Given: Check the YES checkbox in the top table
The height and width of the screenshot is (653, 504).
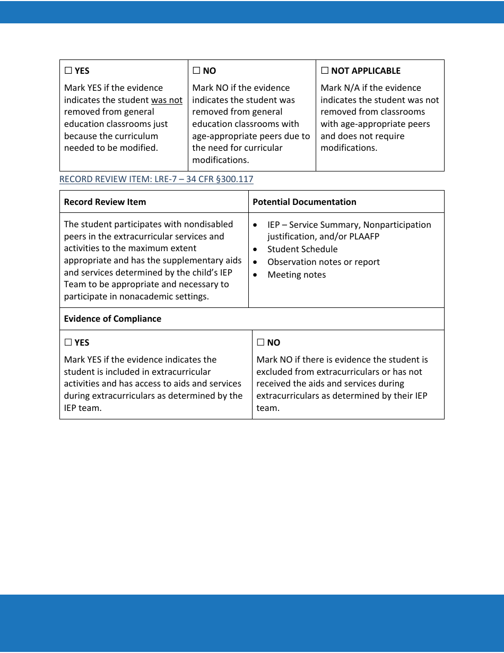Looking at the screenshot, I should [68, 71].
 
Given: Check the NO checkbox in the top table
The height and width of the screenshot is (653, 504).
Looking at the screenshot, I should [196, 71].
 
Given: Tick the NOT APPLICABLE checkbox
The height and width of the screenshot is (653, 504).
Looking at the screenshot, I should [325, 71].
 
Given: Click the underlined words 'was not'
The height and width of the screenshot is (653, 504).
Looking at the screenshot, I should [167, 100].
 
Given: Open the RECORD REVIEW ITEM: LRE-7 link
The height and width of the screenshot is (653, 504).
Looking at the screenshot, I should [156, 179].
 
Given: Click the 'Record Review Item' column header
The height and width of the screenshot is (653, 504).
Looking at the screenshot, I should [105, 202].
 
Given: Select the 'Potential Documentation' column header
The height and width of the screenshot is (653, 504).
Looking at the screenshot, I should [304, 202].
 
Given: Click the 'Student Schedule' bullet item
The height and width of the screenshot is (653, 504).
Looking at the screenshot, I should [302, 249].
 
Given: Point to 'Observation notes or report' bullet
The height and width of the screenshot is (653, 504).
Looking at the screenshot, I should [323, 262].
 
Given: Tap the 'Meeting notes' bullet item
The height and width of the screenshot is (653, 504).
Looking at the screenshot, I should [296, 274].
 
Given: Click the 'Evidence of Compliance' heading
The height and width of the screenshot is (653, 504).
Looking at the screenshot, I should [112, 319].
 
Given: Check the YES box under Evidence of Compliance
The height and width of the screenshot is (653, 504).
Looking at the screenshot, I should [68, 342].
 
